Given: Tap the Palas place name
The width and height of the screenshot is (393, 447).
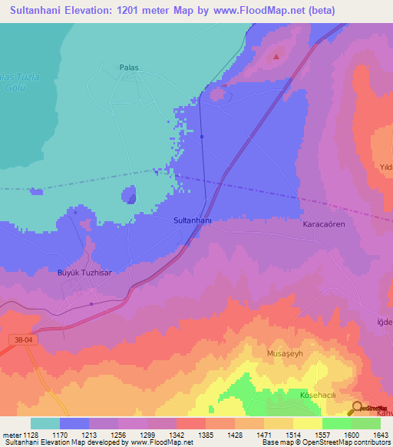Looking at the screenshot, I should point(128,68).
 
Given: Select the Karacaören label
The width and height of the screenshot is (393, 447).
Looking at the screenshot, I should point(319,227).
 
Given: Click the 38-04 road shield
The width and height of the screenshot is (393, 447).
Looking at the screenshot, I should point(24,339).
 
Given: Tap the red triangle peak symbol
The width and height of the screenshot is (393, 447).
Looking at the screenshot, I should point(277,55).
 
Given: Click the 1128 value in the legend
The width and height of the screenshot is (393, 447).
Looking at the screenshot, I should point(29,434).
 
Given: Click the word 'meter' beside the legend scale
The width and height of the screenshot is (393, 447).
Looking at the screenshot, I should point(9,434).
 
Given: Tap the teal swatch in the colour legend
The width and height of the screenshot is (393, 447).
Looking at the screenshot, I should point(45,423).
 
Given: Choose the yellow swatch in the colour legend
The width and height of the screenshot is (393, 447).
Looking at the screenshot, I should point(307,423).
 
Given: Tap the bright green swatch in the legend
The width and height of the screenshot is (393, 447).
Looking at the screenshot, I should point(336,423).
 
